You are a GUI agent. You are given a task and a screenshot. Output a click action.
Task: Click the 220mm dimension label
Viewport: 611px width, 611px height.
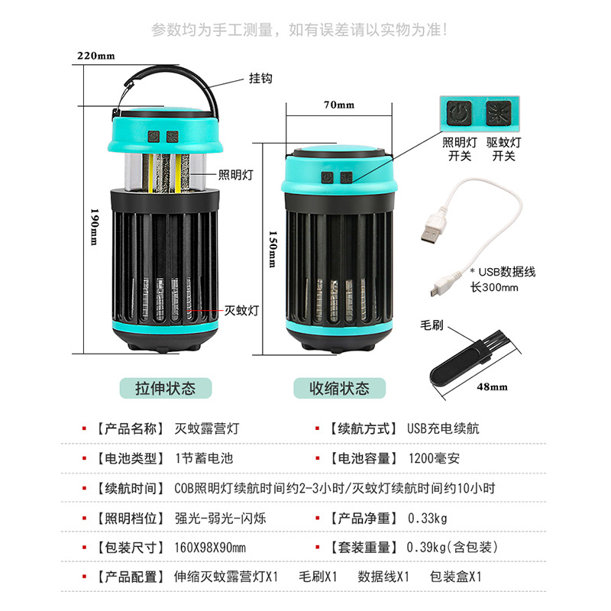[x=95, y=56]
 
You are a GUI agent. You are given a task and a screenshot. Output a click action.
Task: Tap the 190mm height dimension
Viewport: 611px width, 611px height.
[x=94, y=227]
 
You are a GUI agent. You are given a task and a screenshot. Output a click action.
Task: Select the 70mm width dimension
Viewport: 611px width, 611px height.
[x=339, y=105]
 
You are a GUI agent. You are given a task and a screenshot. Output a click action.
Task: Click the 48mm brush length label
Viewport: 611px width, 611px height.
[x=492, y=386]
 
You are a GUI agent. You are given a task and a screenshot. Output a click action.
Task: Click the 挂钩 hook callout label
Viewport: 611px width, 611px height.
[x=260, y=78]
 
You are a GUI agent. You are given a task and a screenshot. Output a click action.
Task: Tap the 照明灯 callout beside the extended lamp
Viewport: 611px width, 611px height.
[x=235, y=175]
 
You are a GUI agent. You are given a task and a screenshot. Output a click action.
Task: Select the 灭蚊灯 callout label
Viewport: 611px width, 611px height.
[x=242, y=311]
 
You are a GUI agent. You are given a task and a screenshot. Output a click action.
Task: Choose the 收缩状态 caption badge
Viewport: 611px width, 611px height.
[x=339, y=388]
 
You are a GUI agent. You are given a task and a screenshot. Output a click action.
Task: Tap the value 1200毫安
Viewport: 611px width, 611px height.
[x=434, y=458]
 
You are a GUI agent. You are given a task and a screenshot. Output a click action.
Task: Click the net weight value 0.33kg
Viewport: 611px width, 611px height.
[x=428, y=518]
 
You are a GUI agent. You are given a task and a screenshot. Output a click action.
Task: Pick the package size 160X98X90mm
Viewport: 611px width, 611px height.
[x=210, y=548]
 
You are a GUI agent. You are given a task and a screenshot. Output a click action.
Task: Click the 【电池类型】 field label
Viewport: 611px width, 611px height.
[x=130, y=458]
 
